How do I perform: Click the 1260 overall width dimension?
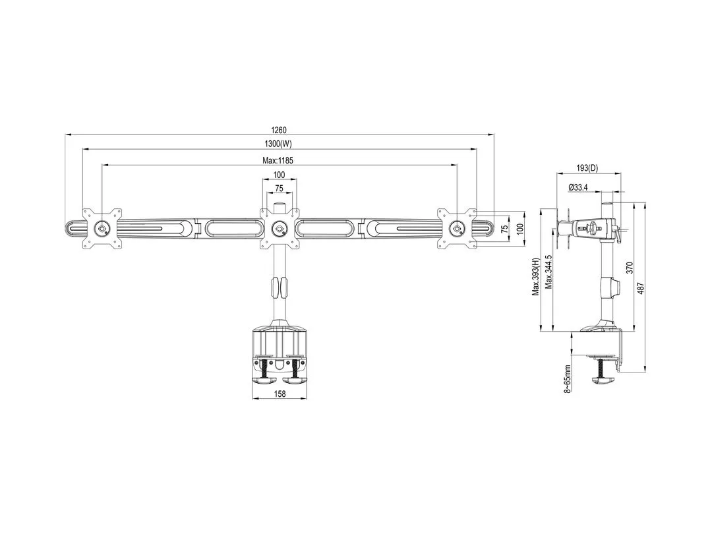280,130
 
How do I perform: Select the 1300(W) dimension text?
280,144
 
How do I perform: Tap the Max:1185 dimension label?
278,160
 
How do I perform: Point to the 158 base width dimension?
280,394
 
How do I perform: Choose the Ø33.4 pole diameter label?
578,187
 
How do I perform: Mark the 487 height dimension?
640,289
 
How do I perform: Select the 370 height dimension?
629,267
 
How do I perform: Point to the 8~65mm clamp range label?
567,378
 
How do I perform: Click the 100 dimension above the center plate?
279,175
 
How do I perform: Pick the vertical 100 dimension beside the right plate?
519,228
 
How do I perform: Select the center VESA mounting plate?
279,229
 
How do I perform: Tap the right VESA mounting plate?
457,229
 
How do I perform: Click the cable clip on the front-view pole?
279,287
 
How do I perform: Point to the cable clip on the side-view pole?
614,287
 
